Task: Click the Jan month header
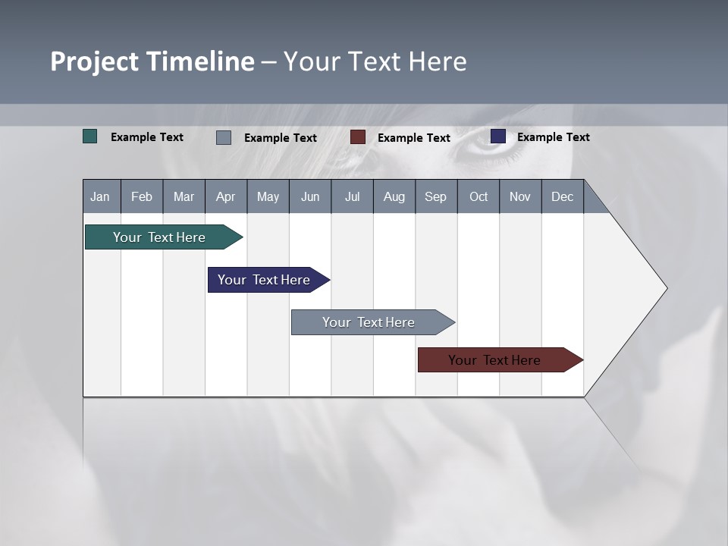pos(101,196)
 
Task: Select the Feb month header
pos(142,196)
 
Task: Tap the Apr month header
pos(225,196)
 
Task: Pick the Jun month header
pos(310,196)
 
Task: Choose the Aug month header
pos(394,196)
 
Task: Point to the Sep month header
pos(435,196)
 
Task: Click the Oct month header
pos(479,196)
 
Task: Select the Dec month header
pos(562,196)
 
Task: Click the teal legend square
pos(90,136)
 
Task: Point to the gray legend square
pos(224,137)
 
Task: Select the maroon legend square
pos(358,137)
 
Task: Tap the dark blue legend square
pos(498,136)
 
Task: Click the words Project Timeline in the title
pos(152,61)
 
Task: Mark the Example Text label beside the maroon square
pos(414,137)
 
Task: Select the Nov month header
pos(520,196)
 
